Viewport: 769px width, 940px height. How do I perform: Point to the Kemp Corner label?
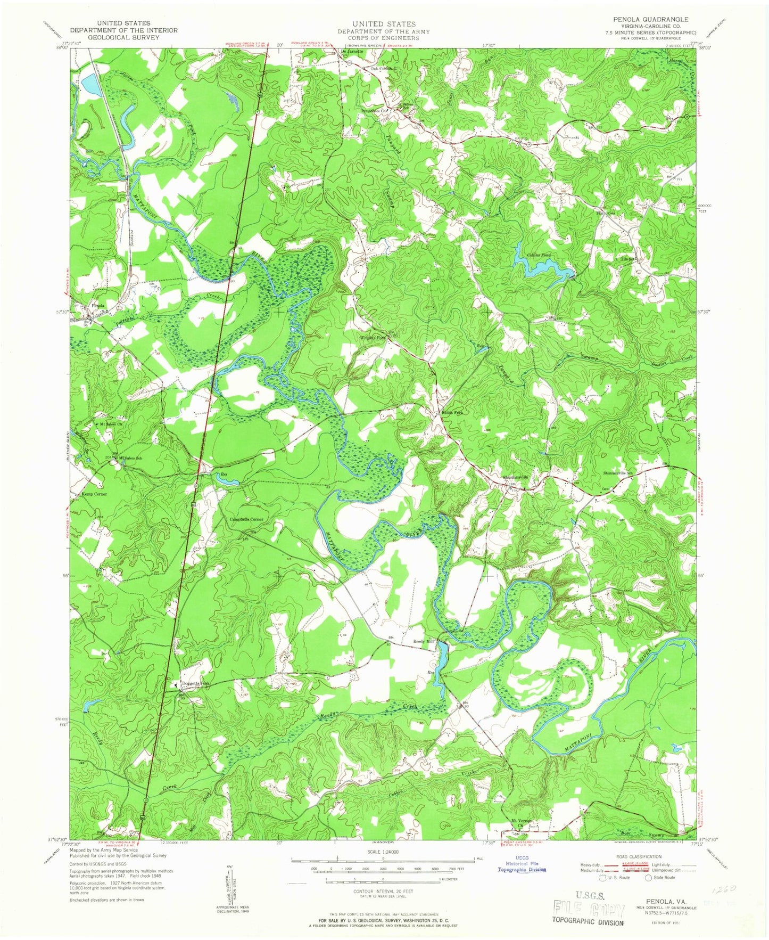coord(94,494)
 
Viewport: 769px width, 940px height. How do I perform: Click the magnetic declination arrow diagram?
coord(230,889)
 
